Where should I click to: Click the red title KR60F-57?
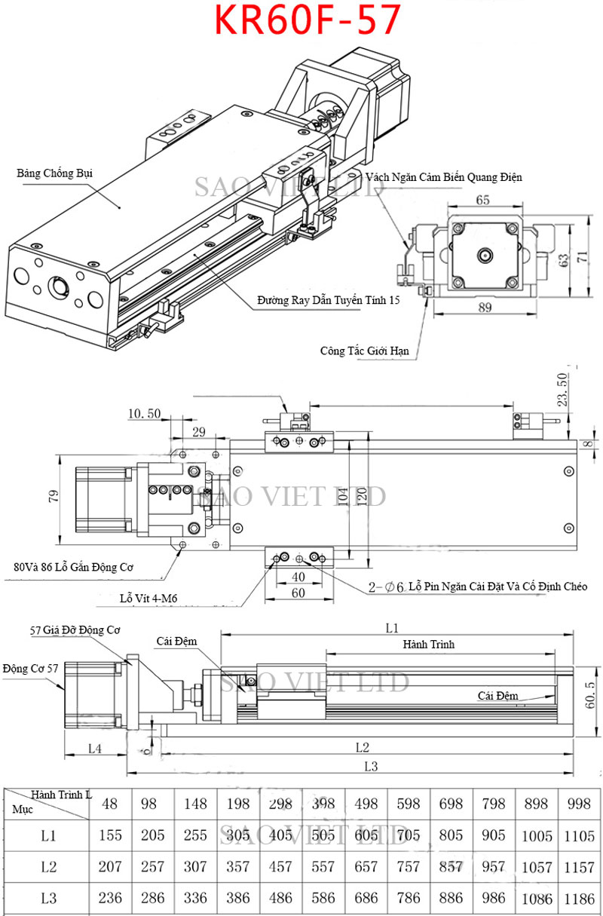coord(307,21)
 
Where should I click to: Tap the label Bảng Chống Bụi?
coord(54,173)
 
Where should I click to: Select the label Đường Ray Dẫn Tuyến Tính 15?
coord(327,300)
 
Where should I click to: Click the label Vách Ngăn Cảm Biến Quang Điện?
coord(444,176)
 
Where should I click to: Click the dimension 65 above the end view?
coord(482,200)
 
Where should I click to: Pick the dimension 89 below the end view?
coord(485,307)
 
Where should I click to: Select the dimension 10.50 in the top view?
coord(145,413)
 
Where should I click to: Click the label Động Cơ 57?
coord(30,668)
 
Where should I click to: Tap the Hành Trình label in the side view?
coord(428,645)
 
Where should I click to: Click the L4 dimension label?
coord(94,748)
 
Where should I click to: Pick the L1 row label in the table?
coord(49,835)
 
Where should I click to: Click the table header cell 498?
coord(366,804)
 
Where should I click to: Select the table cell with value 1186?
coord(578,899)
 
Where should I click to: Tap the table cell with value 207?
coord(110,867)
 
